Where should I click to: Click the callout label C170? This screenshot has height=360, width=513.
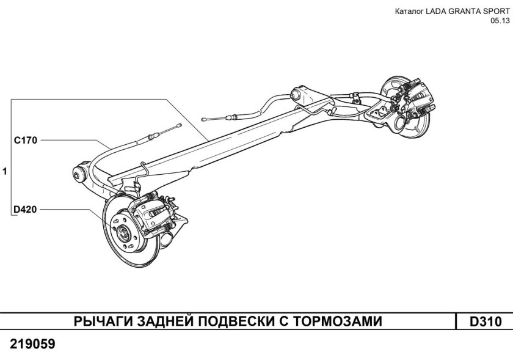pos(26,140)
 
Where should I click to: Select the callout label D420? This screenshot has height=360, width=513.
pos(26,210)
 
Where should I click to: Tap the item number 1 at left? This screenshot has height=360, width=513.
pos(5,172)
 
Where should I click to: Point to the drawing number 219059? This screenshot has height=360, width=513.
pos(32,344)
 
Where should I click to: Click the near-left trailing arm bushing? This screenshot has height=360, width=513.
pos(78,172)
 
